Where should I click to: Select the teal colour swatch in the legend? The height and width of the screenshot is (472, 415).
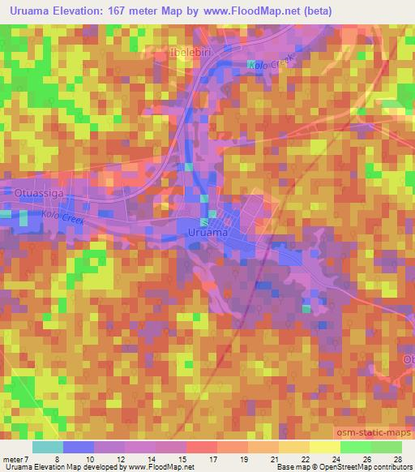point(47,447)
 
